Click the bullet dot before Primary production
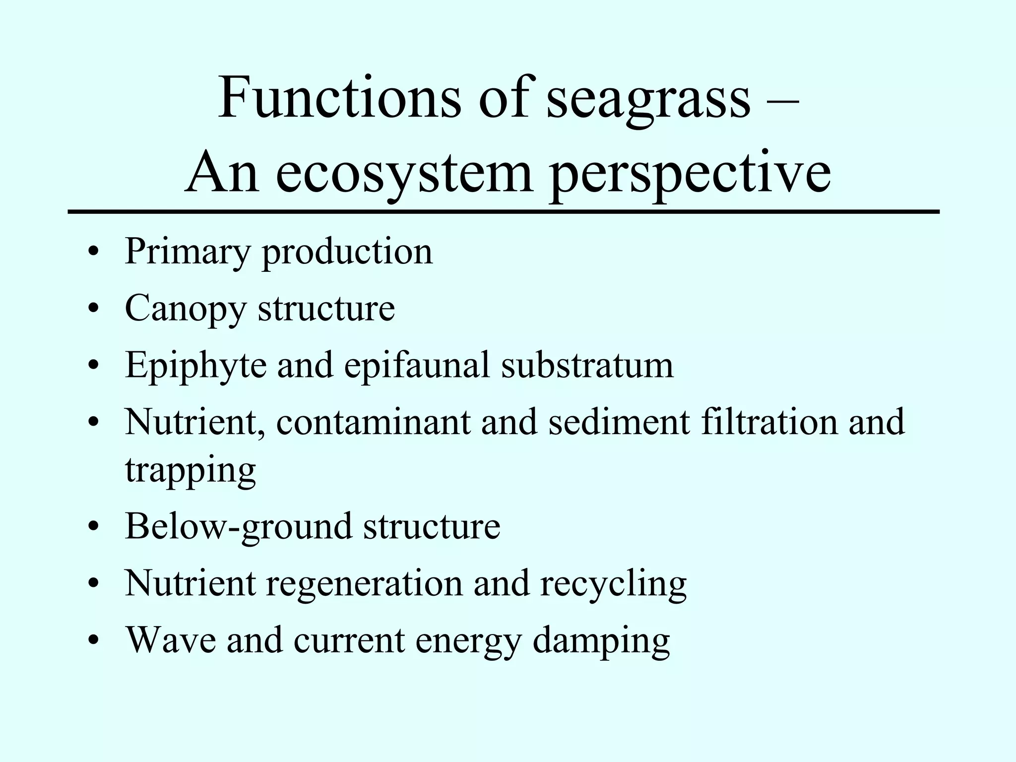(x=93, y=252)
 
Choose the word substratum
(x=587, y=365)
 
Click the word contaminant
(x=373, y=422)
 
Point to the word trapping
(x=190, y=471)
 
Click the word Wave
(x=171, y=639)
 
